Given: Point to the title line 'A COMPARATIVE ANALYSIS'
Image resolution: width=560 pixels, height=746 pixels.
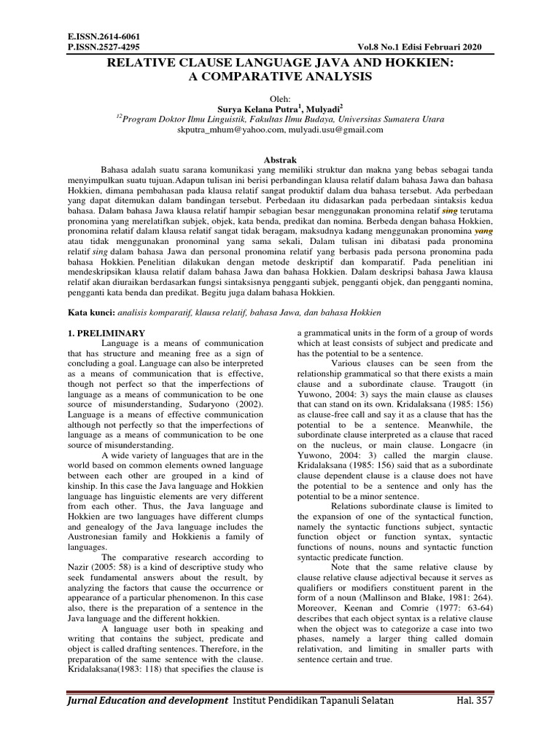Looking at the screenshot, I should pyautogui.click(x=281, y=76).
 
